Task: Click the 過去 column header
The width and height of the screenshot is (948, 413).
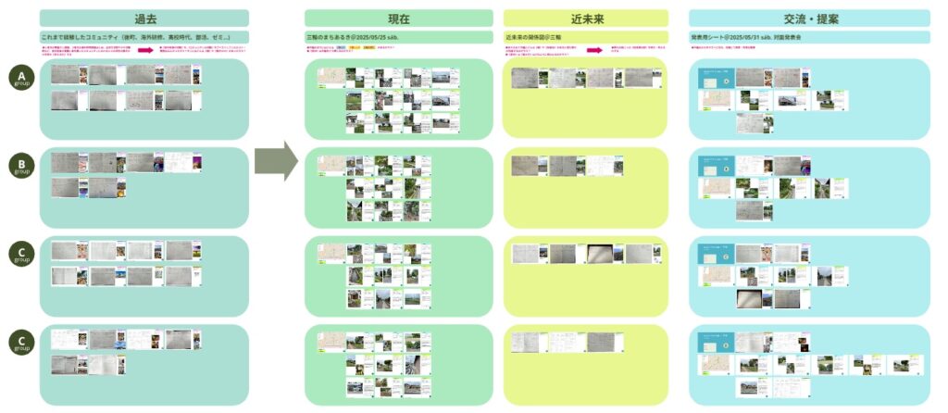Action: pos(144,18)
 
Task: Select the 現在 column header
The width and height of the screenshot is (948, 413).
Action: pos(399,18)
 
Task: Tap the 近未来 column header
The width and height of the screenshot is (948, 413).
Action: pos(585,18)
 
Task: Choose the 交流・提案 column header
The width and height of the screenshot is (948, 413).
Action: pos(810,18)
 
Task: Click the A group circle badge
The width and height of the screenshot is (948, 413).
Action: pos(21,78)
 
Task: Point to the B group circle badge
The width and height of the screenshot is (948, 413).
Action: pos(21,168)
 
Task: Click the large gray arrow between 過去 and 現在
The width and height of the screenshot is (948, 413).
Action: pos(277,163)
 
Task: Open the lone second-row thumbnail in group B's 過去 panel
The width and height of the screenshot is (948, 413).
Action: pos(65,188)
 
